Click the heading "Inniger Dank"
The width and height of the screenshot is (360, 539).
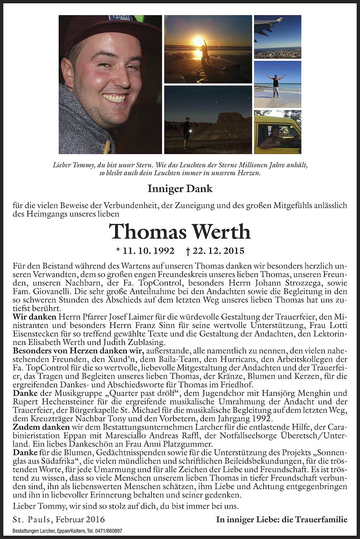(180, 189)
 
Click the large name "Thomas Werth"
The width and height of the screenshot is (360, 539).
(180, 232)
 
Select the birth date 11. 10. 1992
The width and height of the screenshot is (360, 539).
(145, 251)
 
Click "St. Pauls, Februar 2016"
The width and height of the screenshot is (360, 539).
(59, 519)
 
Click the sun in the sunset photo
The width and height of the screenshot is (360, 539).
(198, 41)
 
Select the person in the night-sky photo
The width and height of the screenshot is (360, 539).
(187, 132)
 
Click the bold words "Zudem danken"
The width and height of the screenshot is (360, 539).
(41, 427)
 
